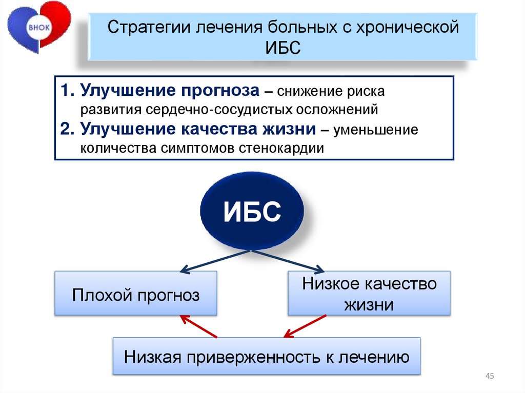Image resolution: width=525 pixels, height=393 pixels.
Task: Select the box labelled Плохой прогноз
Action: (x=136, y=294)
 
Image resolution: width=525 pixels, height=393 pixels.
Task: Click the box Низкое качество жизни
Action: (x=369, y=294)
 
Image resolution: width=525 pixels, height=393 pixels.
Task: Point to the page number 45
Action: (x=489, y=377)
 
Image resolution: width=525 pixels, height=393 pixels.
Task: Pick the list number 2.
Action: (x=67, y=129)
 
